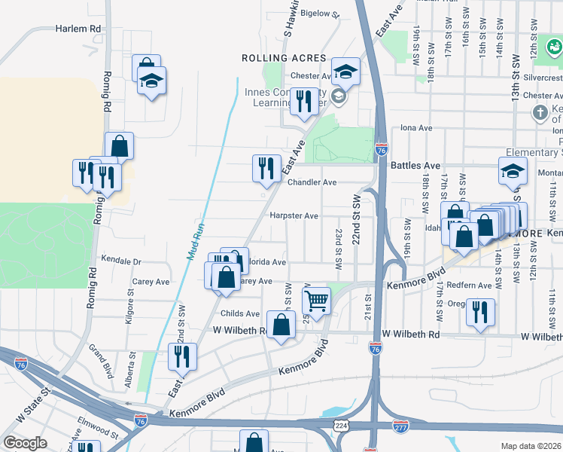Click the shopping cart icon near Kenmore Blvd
click(x=317, y=300)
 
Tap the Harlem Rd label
click(x=78, y=28)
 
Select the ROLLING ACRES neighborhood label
click(x=284, y=58)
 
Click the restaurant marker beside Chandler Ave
click(x=266, y=168)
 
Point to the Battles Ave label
click(x=415, y=165)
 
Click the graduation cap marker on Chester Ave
click(x=345, y=72)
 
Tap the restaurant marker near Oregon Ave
click(x=479, y=312)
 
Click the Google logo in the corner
click(x=25, y=443)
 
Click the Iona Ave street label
click(x=416, y=128)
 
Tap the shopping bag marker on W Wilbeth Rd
click(x=281, y=326)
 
